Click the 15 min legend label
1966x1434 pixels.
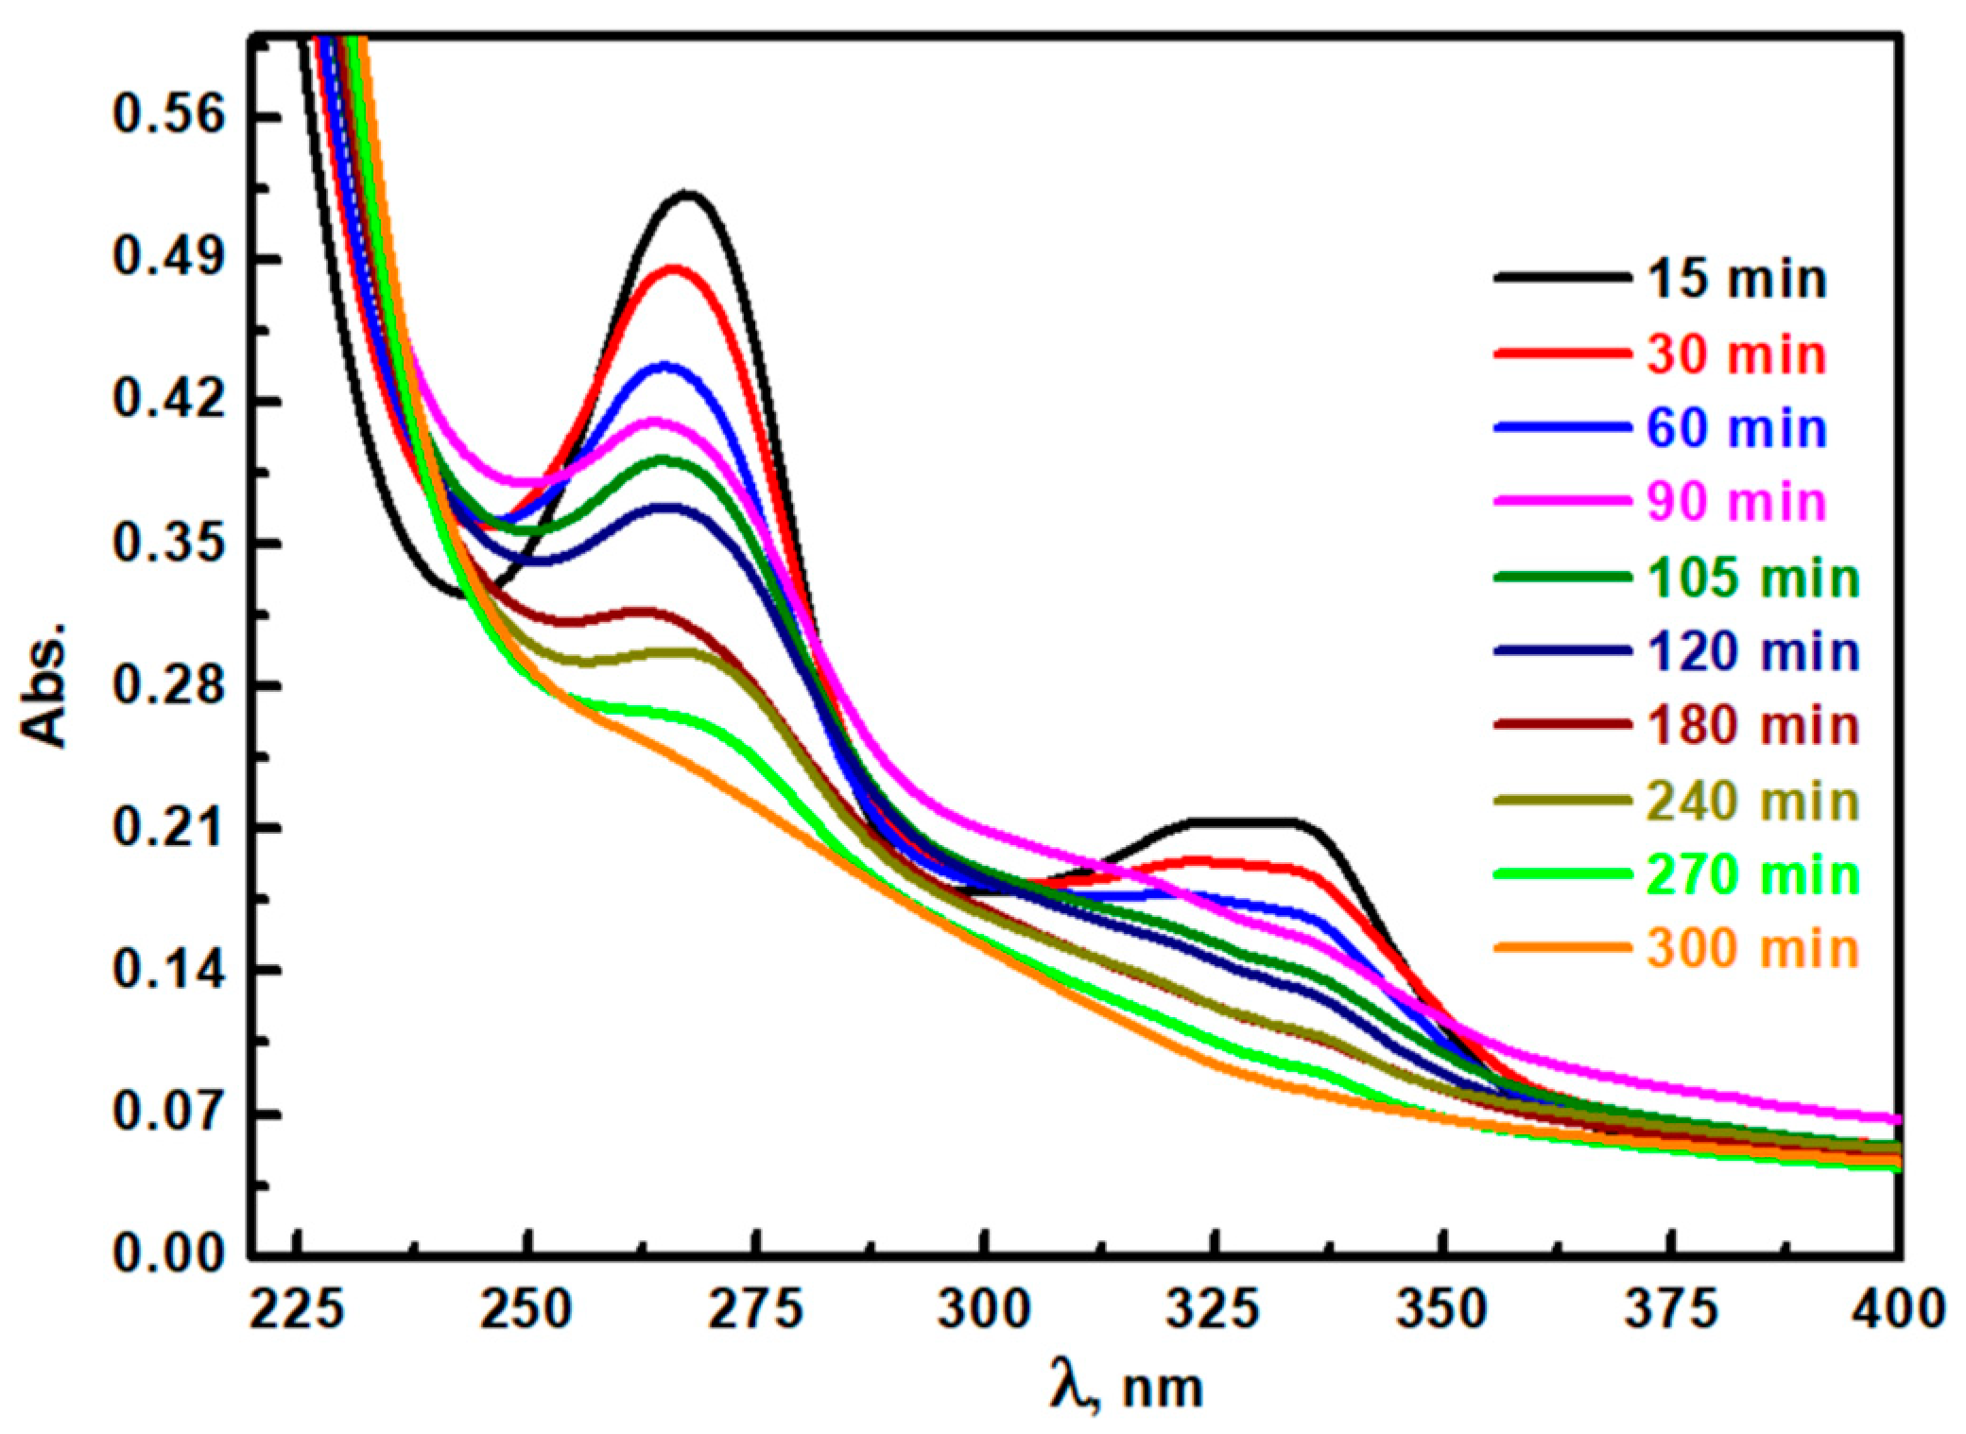[1736, 280]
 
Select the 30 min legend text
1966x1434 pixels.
[1736, 355]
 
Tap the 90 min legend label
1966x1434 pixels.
[1736, 502]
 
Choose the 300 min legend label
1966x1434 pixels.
[1753, 948]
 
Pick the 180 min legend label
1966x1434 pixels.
[1753, 726]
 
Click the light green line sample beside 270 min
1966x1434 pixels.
[1561, 874]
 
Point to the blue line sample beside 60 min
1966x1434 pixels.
[1561, 428]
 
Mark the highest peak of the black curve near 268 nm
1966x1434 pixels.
[688, 195]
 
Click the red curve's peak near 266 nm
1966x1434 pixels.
[674, 269]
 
